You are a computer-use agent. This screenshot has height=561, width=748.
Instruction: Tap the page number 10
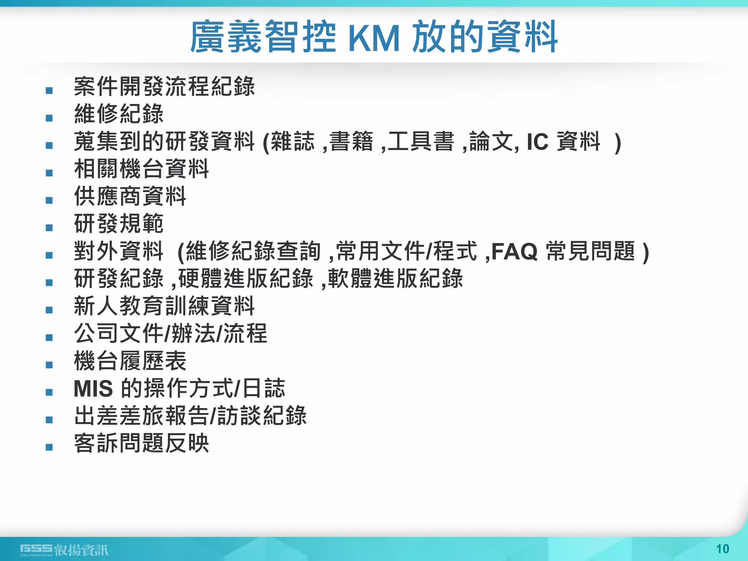pyautogui.click(x=722, y=549)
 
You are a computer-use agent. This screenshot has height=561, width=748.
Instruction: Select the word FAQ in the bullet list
pyautogui.click(x=514, y=252)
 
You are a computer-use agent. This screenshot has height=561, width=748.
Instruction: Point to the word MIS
pyautogui.click(x=93, y=389)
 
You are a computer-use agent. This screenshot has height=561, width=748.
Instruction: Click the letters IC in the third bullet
pyautogui.click(x=537, y=142)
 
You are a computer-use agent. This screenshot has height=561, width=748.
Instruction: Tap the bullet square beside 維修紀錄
pyautogui.click(x=49, y=118)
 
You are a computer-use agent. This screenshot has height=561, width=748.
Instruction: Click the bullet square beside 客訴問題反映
pyautogui.click(x=49, y=447)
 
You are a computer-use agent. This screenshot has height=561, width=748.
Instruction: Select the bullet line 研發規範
pyautogui.click(x=119, y=224)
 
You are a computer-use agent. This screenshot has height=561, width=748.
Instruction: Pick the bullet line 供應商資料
pyautogui.click(x=130, y=196)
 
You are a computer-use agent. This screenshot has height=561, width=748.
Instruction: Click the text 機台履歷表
pyautogui.click(x=130, y=361)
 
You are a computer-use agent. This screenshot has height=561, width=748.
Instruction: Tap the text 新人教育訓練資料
pyautogui.click(x=164, y=306)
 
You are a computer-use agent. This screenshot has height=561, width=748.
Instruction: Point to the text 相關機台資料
pyautogui.click(x=141, y=169)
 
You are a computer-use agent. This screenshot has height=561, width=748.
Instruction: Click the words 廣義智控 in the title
pyautogui.click(x=263, y=37)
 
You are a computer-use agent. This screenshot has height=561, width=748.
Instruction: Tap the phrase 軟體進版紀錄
pyautogui.click(x=396, y=278)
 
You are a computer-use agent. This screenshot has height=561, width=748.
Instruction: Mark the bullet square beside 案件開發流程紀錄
pyautogui.click(x=49, y=91)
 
